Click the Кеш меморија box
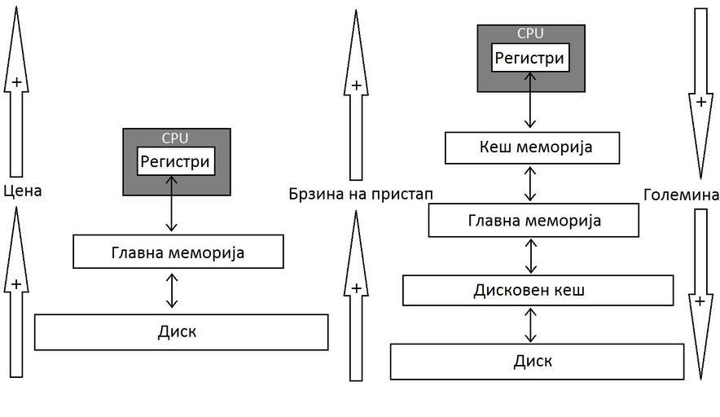[x=532, y=148]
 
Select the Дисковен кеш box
[x=538, y=290]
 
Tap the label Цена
[x=22, y=191]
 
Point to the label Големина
[x=681, y=195]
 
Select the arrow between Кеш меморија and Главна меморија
[x=531, y=184]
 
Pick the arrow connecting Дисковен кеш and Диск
[x=531, y=324]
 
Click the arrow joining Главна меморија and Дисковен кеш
[x=531, y=256]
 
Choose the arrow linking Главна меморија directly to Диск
[x=171, y=291]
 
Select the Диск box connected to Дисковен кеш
[x=537, y=362]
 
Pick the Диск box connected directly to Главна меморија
[x=181, y=332]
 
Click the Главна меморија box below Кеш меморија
[x=533, y=221]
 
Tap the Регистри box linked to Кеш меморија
[x=530, y=58]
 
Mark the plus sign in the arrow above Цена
[x=15, y=81]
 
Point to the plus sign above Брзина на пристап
[x=356, y=85]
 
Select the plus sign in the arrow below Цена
[x=15, y=283]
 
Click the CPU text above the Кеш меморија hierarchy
[x=530, y=34]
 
